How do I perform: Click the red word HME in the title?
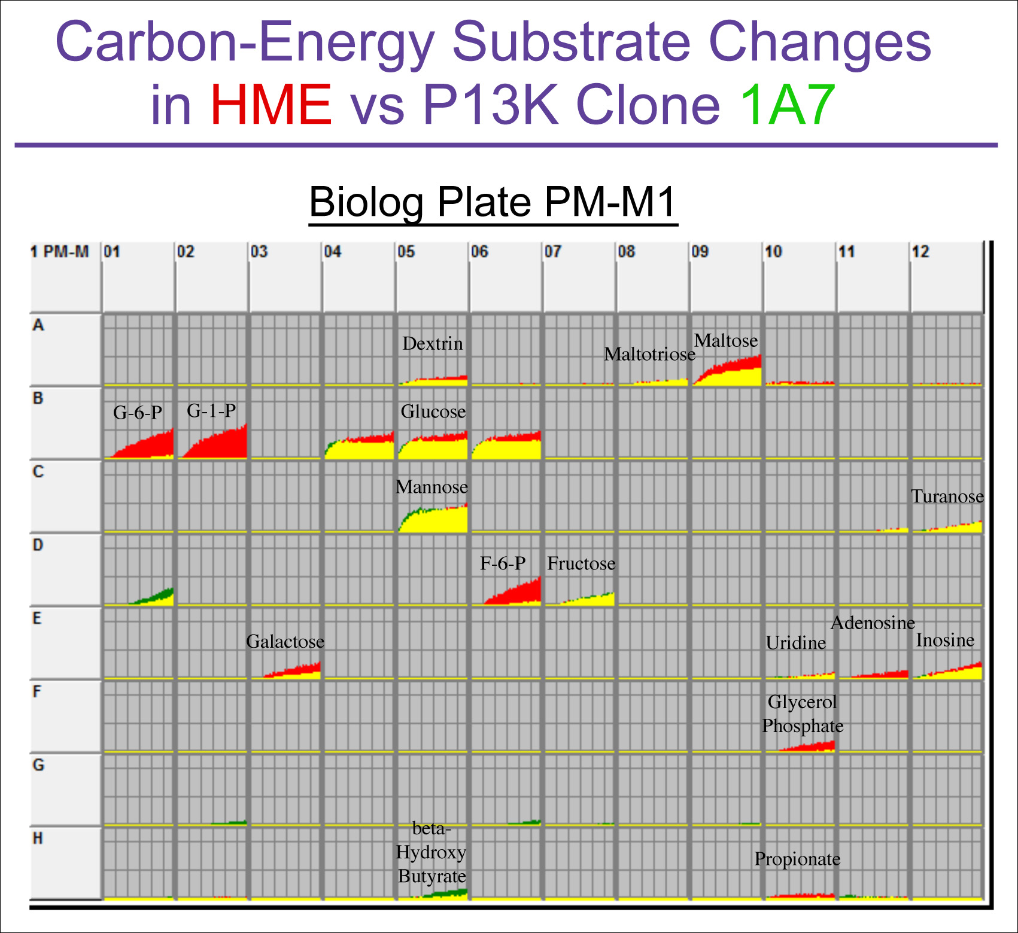(x=271, y=105)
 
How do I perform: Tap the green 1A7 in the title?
(x=787, y=105)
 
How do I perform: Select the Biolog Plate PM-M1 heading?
(x=493, y=202)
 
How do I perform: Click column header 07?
(x=552, y=252)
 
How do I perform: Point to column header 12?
(x=920, y=252)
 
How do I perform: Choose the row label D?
(x=38, y=545)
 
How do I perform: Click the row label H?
(x=38, y=839)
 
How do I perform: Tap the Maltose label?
(x=726, y=341)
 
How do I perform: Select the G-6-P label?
(x=138, y=413)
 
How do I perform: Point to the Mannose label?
(x=431, y=487)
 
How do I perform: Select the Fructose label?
(x=581, y=563)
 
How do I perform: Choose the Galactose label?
(x=285, y=642)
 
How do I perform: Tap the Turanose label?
(x=947, y=496)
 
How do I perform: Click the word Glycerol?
(x=802, y=702)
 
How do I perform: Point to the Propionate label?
(x=797, y=859)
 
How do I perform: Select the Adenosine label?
(x=873, y=623)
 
